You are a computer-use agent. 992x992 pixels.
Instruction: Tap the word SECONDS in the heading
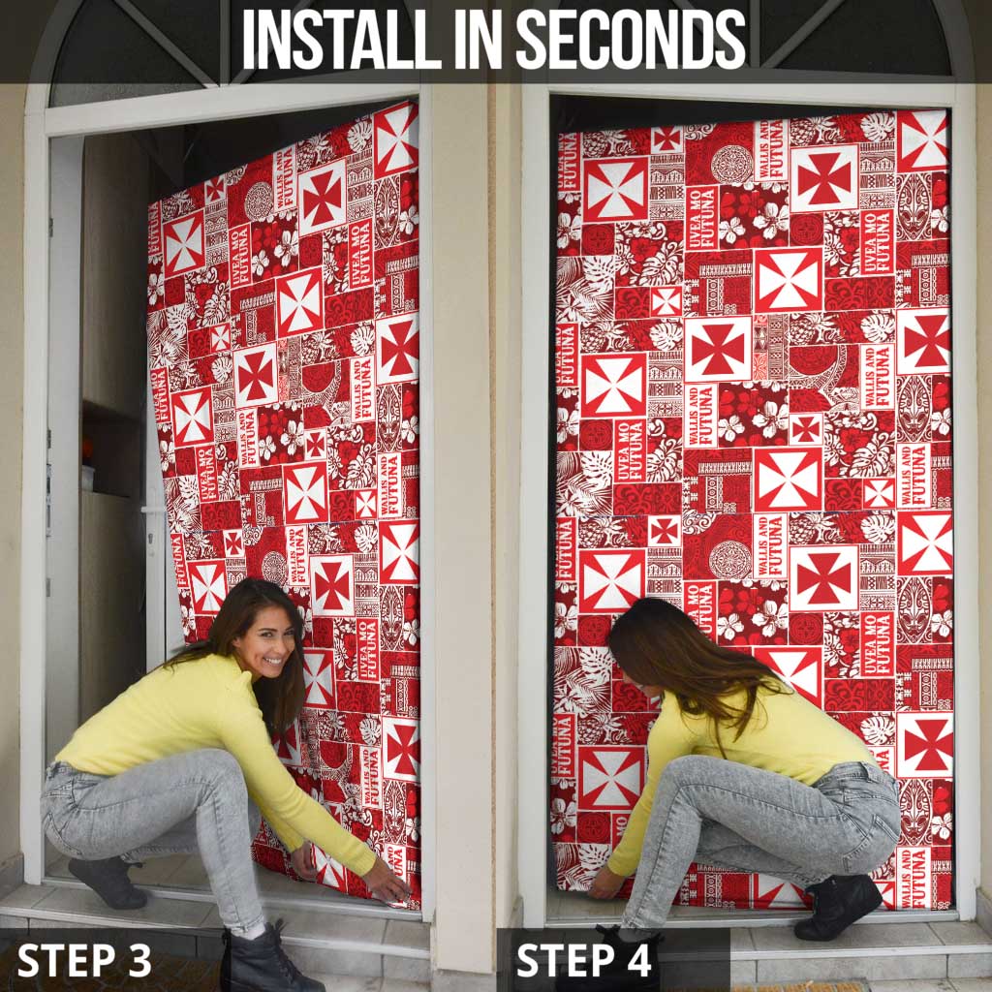click(630, 40)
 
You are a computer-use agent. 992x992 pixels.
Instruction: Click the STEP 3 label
click(84, 960)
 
